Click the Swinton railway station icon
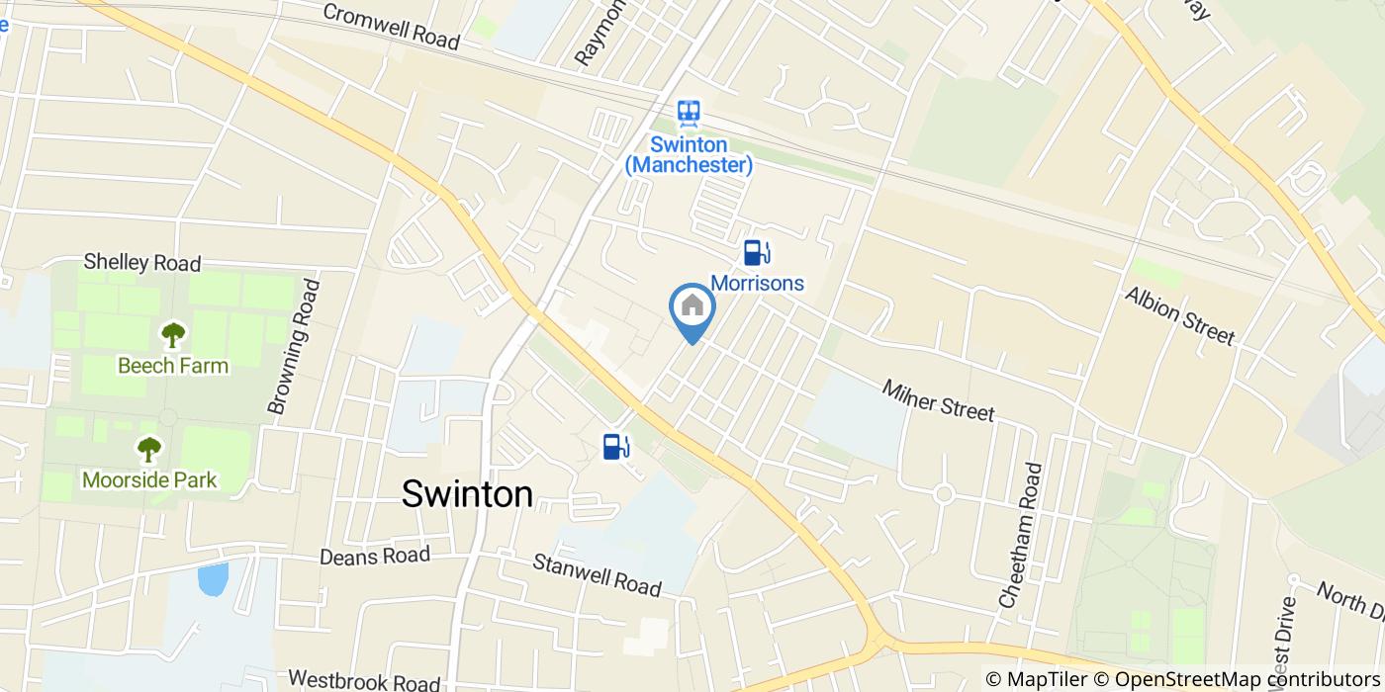point(689,113)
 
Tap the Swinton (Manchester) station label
point(689,154)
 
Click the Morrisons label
point(757,284)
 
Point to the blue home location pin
point(692,309)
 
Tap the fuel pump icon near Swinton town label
point(615,447)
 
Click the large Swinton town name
point(467,494)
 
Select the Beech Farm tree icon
point(173,335)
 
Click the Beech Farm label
point(173,366)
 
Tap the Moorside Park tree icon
point(148,451)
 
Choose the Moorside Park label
point(149,480)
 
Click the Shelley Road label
point(142,263)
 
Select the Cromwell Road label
point(391,28)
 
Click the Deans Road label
point(375,556)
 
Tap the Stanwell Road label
point(597,575)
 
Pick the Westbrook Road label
point(364,681)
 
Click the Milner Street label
point(938,399)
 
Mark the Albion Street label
point(1179,317)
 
